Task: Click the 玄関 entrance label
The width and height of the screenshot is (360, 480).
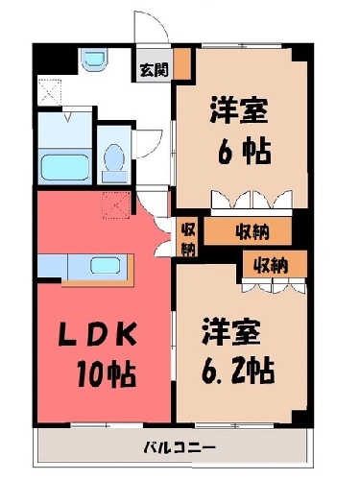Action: point(155,70)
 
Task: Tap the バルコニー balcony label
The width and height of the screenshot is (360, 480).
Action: point(180,446)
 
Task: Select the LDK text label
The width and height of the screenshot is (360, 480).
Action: point(98,335)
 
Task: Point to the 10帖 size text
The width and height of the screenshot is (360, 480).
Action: point(107,373)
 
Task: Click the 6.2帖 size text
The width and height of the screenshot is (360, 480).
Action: point(238,370)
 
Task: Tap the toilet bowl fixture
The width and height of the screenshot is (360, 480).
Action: point(114,161)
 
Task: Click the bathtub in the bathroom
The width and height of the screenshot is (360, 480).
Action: point(65,167)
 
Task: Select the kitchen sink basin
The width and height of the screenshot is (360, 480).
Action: point(106,266)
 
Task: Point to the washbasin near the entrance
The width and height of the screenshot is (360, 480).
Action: point(94,60)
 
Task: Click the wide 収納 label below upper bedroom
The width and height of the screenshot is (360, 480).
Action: point(252,231)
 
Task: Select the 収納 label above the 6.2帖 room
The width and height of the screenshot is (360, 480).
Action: point(271,265)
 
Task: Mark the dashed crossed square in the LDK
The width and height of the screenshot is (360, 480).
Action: point(116,205)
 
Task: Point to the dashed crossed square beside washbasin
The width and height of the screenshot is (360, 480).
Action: point(49,92)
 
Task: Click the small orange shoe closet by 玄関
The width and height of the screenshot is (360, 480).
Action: point(182,63)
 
